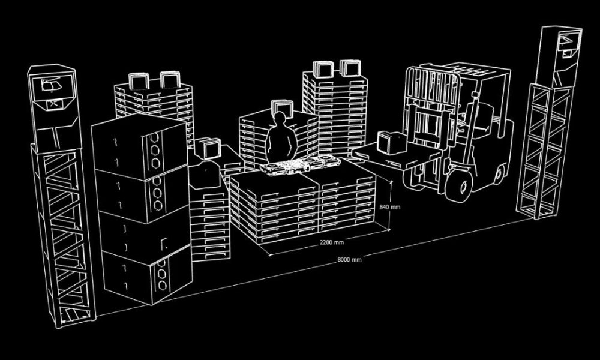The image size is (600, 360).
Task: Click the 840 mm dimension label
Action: [x=390, y=207]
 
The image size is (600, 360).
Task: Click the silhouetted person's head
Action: [x=280, y=121]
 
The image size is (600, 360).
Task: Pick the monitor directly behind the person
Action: [x=282, y=109]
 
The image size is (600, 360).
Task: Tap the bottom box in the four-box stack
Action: [x=147, y=273]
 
